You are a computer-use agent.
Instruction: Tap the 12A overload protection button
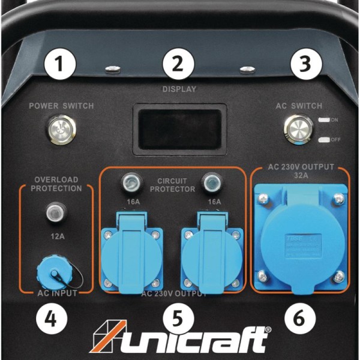[x=56, y=212]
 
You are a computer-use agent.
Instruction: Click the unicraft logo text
[x=192, y=339]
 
